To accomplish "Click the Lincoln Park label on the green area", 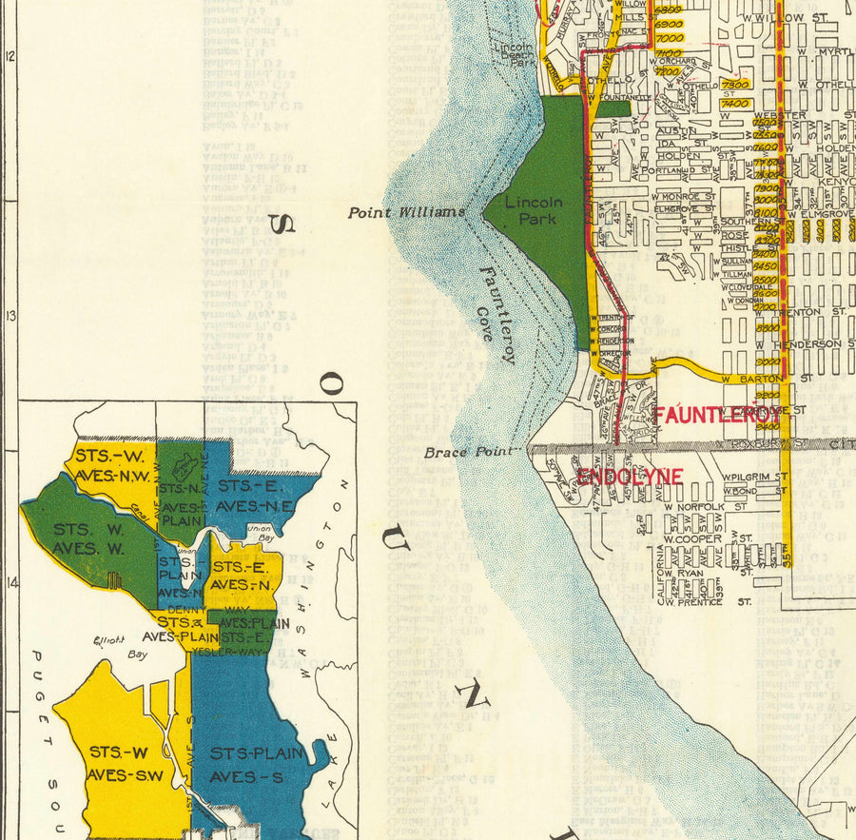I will pyautogui.click(x=534, y=209).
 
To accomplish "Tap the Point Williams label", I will pyautogui.click(x=406, y=212).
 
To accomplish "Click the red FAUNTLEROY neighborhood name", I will pyautogui.click(x=716, y=416).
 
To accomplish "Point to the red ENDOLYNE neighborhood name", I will pyautogui.click(x=616, y=476).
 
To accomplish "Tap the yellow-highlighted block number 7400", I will pyautogui.click(x=734, y=102).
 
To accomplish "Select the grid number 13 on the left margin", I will pyautogui.click(x=10, y=316).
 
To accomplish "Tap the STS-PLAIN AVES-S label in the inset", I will pyautogui.click(x=256, y=765).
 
